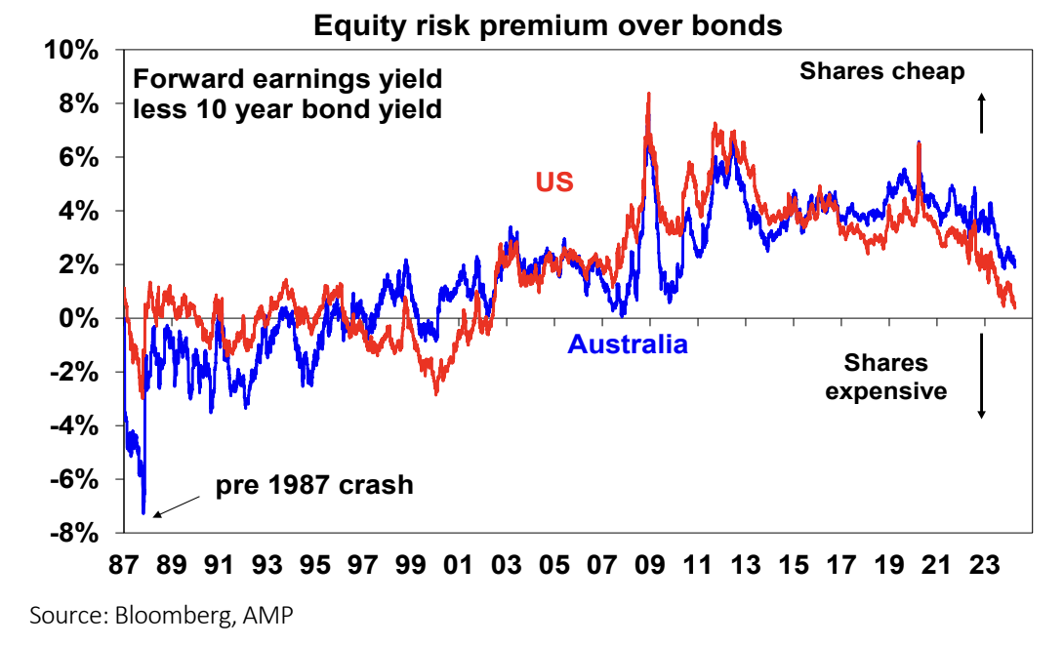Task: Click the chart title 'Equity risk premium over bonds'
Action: pos(548,25)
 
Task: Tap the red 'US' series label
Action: pos(553,182)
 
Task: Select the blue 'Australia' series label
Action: pos(628,344)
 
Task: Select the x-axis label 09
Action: pos(649,565)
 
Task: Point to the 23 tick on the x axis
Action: pos(982,565)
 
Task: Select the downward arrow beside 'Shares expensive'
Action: pos(982,376)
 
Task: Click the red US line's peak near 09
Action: pos(648,95)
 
